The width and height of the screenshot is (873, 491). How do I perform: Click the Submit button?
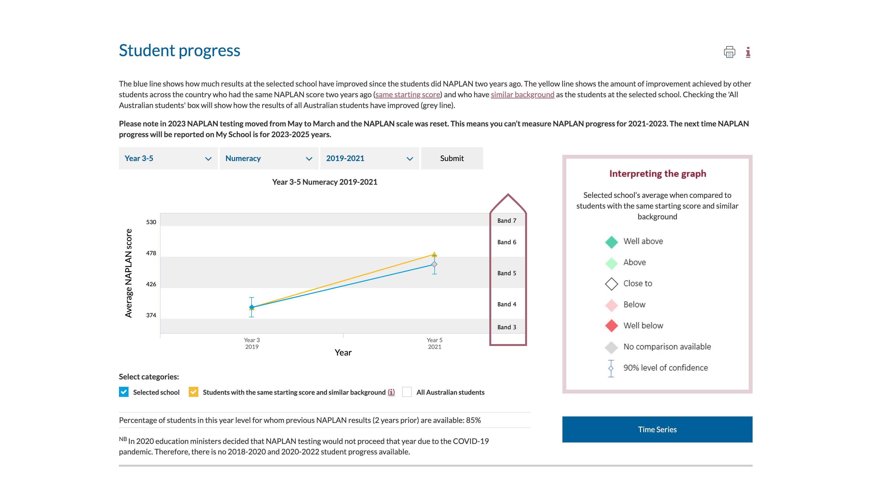click(x=452, y=158)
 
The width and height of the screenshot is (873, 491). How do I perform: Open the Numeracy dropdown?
click(x=269, y=158)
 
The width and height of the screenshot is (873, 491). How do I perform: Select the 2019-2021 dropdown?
click(x=369, y=158)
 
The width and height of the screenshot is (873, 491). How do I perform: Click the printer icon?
click(x=729, y=52)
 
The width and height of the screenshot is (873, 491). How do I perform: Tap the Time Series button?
click(x=657, y=429)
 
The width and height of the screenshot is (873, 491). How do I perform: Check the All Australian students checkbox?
click(x=407, y=392)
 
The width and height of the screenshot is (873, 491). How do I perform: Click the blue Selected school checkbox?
click(x=124, y=392)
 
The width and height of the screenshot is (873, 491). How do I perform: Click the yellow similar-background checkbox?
click(x=194, y=392)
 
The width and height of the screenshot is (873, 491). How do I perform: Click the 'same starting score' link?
click(x=408, y=95)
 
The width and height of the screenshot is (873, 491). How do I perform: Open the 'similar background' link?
click(x=522, y=95)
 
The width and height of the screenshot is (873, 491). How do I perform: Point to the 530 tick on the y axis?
click(x=151, y=222)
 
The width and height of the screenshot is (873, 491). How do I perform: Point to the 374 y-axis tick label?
click(x=151, y=315)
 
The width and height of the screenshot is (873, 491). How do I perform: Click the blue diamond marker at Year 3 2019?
click(x=252, y=307)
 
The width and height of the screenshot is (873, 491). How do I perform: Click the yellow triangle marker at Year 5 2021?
click(x=434, y=254)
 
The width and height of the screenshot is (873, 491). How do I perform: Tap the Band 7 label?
click(x=507, y=221)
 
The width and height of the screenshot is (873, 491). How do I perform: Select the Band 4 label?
click(x=507, y=304)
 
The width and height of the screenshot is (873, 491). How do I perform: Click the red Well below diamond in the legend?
click(x=611, y=326)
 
